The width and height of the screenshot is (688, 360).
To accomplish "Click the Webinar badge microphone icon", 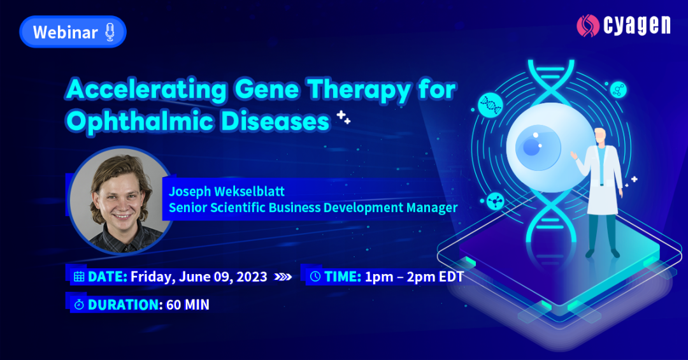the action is [110, 32].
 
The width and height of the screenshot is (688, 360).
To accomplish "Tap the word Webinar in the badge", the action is [66, 32].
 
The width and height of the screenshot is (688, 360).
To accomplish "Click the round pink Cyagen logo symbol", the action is [588, 25].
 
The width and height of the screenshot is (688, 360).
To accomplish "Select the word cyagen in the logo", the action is [637, 26].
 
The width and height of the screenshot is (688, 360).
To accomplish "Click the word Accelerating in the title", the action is [147, 90].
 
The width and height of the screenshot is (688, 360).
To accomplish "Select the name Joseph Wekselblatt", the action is [227, 191].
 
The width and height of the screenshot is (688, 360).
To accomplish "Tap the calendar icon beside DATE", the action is [79, 277].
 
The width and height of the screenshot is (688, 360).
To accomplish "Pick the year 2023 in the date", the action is [252, 277].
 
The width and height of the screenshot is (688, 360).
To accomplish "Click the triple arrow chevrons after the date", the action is [283, 277].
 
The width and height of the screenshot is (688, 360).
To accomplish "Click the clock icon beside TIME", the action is [315, 277].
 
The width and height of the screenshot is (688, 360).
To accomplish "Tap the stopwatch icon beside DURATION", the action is [79, 304].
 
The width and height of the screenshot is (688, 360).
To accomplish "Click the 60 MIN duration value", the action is [188, 305].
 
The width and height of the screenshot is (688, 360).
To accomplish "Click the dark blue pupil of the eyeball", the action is [531, 148].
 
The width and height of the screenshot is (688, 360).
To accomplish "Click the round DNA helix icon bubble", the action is [490, 105].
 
